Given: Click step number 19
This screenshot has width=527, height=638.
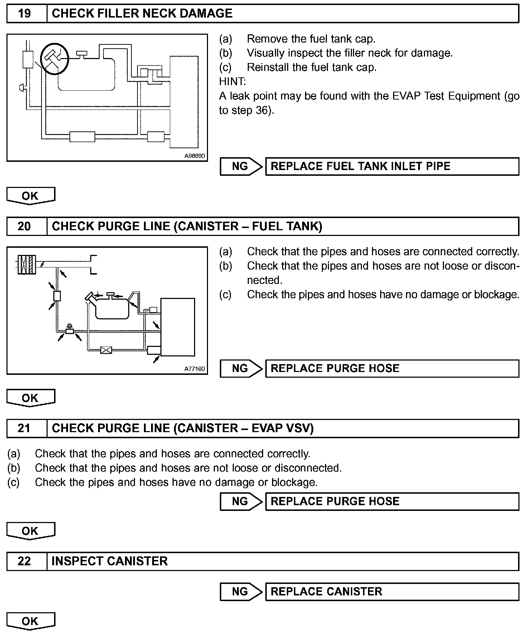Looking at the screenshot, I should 24,14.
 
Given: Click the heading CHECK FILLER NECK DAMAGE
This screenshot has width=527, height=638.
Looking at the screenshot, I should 142,14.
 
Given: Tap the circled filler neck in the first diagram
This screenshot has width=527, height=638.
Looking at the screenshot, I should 54,58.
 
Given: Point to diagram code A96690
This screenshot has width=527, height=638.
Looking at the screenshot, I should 194,156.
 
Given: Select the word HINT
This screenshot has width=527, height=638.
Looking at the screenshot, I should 232,82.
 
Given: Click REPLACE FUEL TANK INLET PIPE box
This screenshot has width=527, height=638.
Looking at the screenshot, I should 392,166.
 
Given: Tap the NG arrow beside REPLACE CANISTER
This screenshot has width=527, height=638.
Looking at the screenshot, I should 241,591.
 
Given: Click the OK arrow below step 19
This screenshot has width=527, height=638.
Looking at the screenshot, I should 30,196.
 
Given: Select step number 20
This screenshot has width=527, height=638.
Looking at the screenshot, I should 24,227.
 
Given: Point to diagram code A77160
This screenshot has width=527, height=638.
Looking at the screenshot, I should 194,369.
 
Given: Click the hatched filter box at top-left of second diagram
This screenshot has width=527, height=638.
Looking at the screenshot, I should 27,264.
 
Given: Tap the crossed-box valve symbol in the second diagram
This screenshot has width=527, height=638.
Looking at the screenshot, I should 106,350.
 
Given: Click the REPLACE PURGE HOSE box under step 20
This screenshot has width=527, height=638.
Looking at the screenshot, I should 392,368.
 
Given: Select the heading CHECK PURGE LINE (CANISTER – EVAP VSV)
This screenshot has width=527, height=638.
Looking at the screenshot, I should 183,429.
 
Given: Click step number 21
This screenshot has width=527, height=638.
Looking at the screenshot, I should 24,429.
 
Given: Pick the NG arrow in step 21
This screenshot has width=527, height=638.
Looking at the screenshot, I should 241,501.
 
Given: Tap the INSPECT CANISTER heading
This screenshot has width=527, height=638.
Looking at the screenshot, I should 110,561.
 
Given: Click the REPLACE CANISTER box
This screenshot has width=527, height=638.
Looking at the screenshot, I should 392,591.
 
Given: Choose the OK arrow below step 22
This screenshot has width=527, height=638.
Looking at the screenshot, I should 30,621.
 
